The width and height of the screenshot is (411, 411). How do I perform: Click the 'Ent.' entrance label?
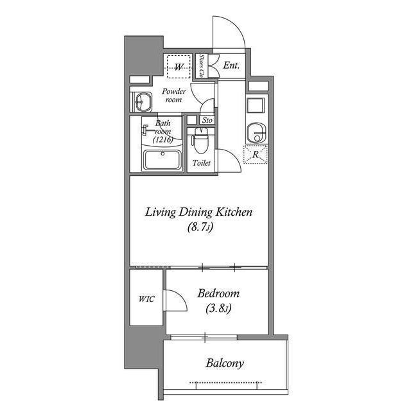(231, 65)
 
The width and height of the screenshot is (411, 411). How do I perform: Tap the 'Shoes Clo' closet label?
(202, 66)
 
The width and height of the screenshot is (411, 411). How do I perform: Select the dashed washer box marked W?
(177, 66)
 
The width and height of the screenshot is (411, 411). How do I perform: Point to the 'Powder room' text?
(173, 96)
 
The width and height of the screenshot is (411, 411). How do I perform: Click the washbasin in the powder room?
(142, 101)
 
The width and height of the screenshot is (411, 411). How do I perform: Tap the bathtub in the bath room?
(162, 159)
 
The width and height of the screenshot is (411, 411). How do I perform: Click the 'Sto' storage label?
(207, 120)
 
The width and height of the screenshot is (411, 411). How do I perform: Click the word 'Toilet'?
(201, 163)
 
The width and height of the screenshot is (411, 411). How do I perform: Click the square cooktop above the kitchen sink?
(256, 105)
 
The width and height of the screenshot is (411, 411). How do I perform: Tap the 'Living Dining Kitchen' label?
(198, 212)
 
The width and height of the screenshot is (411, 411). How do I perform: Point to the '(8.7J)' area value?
(199, 227)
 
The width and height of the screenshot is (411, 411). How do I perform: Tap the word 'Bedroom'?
(218, 293)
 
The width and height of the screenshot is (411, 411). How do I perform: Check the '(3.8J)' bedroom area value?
(218, 308)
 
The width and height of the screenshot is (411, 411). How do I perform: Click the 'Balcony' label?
(224, 363)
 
